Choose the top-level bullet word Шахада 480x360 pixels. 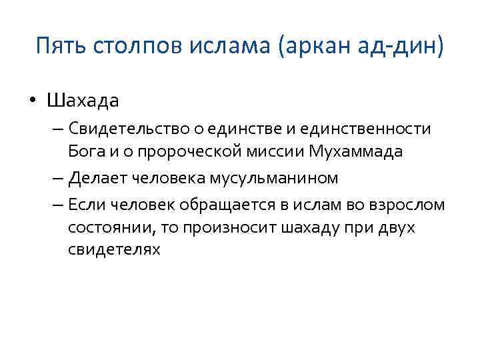pyautogui.click(x=83, y=101)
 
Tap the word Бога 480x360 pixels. pyautogui.click(x=86, y=151)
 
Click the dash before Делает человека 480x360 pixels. pyautogui.click(x=55, y=177)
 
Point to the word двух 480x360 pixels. pyautogui.click(x=397, y=227)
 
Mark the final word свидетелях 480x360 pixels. pyautogui.click(x=114, y=250)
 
